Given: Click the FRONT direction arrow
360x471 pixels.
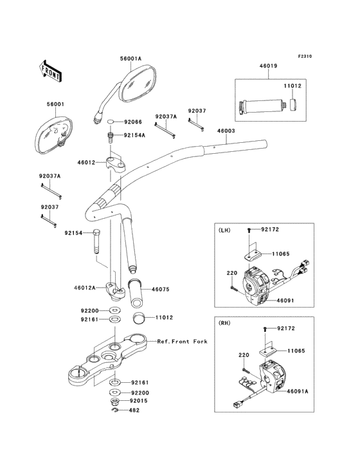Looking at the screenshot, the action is pyautogui.click(x=50, y=71).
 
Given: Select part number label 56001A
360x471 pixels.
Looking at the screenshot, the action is pyautogui.click(x=130, y=59).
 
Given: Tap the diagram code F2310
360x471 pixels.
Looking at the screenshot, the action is pyautogui.click(x=305, y=56).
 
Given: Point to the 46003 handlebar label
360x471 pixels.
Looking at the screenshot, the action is pyautogui.click(x=226, y=131).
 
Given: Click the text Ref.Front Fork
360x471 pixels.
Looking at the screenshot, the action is pyautogui.click(x=183, y=342).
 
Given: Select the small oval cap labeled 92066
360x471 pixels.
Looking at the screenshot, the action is pyautogui.click(x=111, y=122).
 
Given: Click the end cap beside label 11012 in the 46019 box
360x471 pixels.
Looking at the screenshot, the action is pyautogui.click(x=294, y=104).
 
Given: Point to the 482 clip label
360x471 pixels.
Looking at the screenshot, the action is pyautogui.click(x=134, y=410).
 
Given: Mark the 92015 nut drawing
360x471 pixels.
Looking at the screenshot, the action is pyautogui.click(x=115, y=401).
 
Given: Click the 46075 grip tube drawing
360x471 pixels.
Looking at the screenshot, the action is pyautogui.click(x=136, y=293).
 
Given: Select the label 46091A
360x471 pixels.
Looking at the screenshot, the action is pyautogui.click(x=298, y=391).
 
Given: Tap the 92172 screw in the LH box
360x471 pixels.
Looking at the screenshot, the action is pyautogui.click(x=249, y=230).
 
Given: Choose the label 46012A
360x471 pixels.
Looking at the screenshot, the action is pyautogui.click(x=85, y=288).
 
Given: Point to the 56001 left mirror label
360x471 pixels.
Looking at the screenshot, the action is pyautogui.click(x=55, y=104).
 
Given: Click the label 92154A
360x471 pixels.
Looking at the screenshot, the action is pyautogui.click(x=134, y=135).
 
